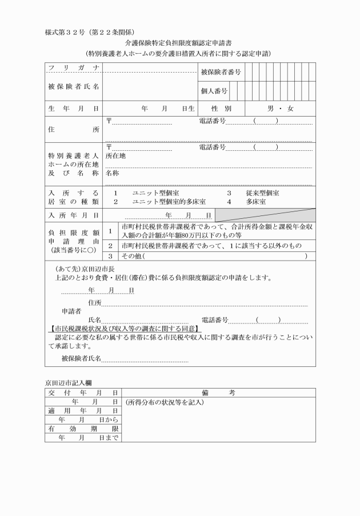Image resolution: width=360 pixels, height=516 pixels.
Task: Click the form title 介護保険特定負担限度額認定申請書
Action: [x=181, y=43]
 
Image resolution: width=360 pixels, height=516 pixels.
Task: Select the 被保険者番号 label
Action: [x=221, y=73]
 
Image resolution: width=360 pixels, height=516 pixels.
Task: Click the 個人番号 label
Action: [x=214, y=91]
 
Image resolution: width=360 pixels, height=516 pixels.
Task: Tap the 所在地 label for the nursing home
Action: [x=115, y=155]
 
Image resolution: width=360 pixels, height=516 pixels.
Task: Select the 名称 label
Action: [x=112, y=173]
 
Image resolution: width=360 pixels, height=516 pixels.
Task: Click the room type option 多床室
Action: [x=256, y=202]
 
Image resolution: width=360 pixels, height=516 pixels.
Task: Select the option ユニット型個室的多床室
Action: [x=169, y=202]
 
